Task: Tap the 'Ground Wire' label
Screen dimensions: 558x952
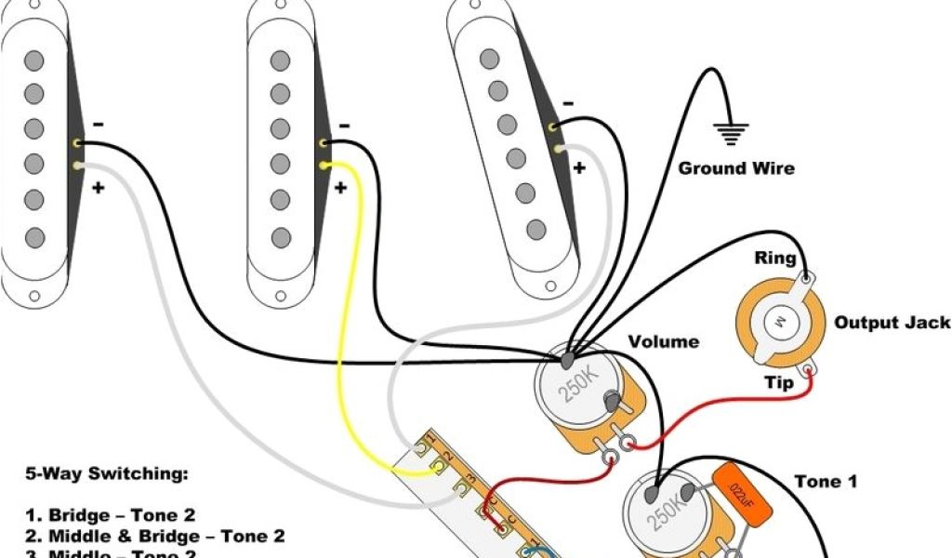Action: point(736,168)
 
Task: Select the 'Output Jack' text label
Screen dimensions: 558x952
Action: point(892,323)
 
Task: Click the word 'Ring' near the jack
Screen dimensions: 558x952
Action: point(774,259)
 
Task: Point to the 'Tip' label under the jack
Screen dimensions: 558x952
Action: point(779,383)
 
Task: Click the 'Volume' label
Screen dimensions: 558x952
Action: point(664,341)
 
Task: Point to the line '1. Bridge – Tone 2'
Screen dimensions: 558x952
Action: point(109,514)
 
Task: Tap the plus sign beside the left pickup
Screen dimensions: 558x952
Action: point(98,186)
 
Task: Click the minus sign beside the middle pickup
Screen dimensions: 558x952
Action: point(345,125)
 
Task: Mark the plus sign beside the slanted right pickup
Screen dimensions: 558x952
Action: point(579,167)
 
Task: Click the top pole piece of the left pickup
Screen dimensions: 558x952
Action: point(35,60)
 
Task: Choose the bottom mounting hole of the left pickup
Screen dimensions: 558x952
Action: point(34,298)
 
